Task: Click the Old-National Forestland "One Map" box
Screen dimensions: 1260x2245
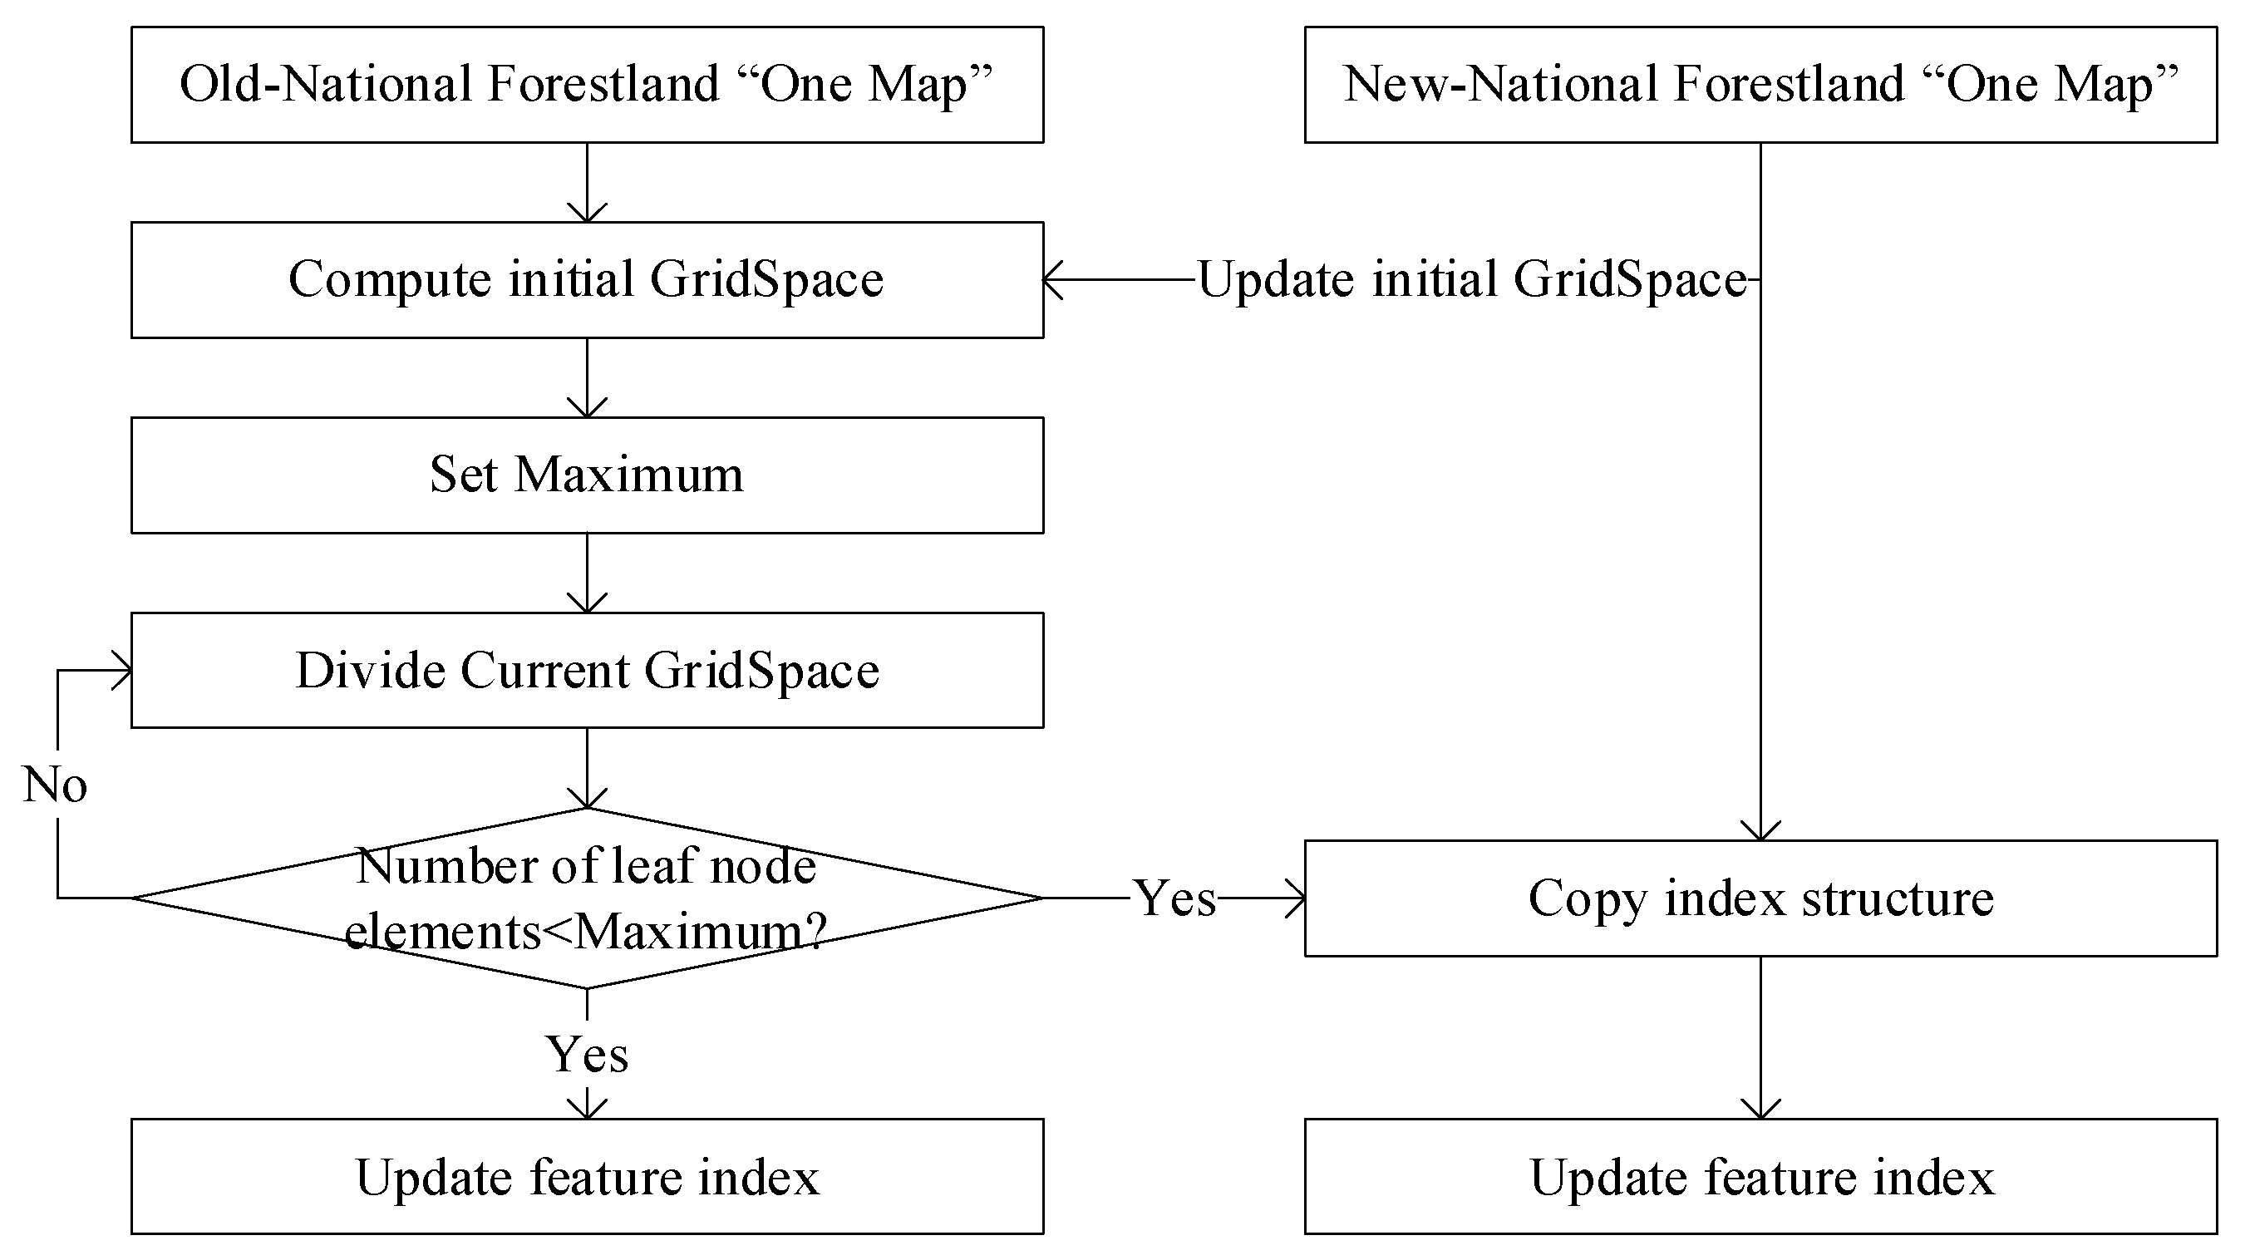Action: click(587, 85)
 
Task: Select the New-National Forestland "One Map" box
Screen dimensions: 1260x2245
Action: click(1760, 85)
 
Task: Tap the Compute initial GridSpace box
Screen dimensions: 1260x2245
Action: click(587, 280)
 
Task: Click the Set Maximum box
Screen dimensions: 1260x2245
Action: click(587, 475)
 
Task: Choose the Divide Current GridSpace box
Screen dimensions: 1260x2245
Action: click(587, 670)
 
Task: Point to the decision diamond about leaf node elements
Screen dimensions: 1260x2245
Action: click(587, 898)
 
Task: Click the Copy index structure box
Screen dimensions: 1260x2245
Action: click(1760, 898)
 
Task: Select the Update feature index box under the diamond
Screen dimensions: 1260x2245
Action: click(587, 1176)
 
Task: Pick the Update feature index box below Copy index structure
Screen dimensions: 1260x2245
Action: click(1760, 1176)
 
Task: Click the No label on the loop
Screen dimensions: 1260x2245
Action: click(55, 785)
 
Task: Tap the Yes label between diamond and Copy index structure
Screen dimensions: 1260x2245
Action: click(1174, 898)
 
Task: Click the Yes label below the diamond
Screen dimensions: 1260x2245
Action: click(587, 1055)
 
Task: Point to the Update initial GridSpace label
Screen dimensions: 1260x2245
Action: click(1472, 280)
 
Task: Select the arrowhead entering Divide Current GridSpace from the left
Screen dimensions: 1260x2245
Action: click(123, 671)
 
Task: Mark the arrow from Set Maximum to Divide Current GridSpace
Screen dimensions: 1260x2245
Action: click(587, 573)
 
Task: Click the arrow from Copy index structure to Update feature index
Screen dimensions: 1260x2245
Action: click(1760, 1037)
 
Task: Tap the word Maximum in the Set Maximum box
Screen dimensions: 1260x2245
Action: click(628, 475)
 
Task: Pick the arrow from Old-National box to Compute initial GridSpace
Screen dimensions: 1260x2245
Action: click(587, 183)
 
